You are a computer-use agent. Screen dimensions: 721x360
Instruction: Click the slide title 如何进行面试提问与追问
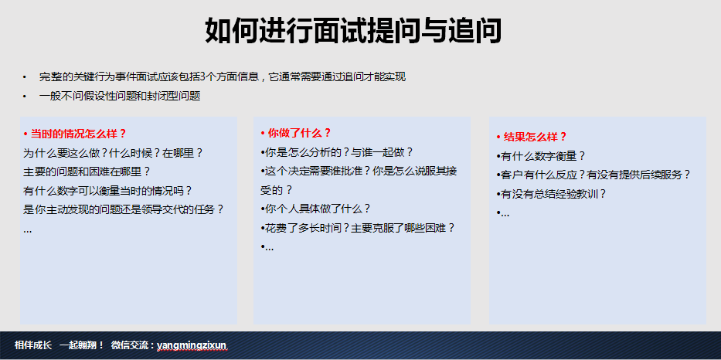(x=353, y=31)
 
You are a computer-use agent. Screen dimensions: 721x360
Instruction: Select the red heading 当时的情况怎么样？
(x=74, y=134)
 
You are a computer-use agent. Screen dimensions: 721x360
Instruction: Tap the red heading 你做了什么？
(x=296, y=134)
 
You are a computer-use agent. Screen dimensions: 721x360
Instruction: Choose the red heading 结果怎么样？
(x=532, y=137)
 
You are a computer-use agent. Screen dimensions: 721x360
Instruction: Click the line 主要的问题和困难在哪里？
(x=87, y=172)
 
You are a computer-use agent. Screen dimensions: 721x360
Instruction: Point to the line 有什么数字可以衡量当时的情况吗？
(x=107, y=191)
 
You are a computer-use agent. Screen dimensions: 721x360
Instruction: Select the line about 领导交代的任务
(x=124, y=209)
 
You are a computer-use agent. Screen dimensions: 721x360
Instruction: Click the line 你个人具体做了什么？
(x=315, y=209)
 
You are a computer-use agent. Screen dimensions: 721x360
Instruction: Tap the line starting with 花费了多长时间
(x=358, y=228)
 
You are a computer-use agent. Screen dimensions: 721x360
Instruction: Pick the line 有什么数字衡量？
(x=541, y=156)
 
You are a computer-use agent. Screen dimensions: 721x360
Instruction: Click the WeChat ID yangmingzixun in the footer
(x=192, y=345)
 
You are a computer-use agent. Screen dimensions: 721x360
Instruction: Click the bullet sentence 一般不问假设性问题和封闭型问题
(x=120, y=97)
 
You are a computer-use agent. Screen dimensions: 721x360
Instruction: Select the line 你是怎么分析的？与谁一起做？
(x=337, y=152)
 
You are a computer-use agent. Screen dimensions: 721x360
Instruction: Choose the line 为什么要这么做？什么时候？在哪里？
(x=113, y=153)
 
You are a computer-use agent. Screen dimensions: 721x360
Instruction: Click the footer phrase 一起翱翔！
(x=83, y=345)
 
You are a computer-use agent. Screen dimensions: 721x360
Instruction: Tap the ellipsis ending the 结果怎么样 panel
(x=503, y=214)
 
